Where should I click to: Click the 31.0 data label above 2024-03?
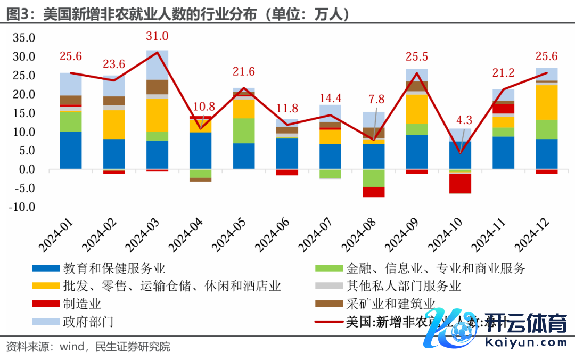click(x=158, y=36)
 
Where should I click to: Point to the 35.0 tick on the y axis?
click(x=23, y=38)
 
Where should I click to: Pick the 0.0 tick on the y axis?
click(x=26, y=169)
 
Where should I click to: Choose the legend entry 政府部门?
click(x=88, y=322)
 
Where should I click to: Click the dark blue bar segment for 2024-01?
click(x=71, y=150)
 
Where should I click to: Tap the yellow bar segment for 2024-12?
click(x=547, y=102)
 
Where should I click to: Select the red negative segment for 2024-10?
click(x=461, y=183)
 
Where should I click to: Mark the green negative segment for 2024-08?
click(x=374, y=178)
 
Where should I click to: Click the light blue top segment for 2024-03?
click(x=158, y=64)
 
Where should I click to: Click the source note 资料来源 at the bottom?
click(x=88, y=347)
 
